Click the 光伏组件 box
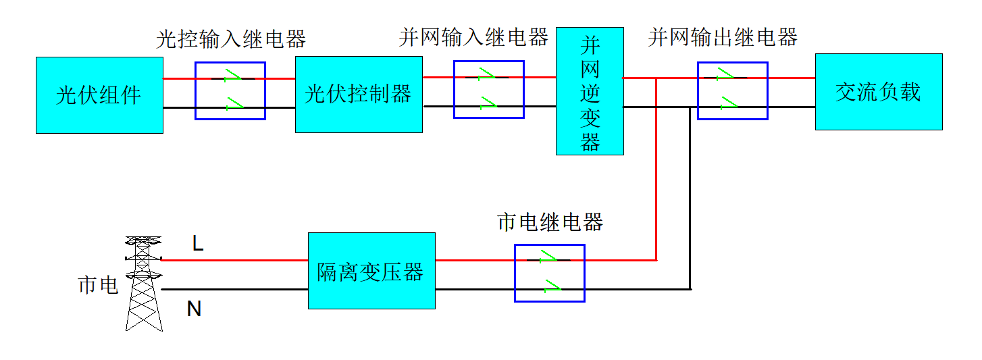(99, 95)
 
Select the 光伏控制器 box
(359, 95)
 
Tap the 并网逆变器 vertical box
(590, 91)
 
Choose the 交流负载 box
(879, 92)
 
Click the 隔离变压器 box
(371, 271)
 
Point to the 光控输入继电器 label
(231, 39)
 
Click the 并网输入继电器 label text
(473, 37)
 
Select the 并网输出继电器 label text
(723, 37)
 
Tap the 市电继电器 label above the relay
(550, 222)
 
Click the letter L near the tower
(198, 243)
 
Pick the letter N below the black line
(194, 309)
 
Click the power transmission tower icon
(144, 284)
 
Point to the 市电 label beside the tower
(98, 285)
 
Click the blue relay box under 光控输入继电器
(230, 91)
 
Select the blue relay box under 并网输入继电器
(489, 89)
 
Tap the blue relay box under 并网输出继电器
(733, 91)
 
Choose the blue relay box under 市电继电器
(550, 273)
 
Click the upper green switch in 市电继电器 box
(548, 257)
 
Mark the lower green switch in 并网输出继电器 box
(729, 103)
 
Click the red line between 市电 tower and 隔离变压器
(234, 260)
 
